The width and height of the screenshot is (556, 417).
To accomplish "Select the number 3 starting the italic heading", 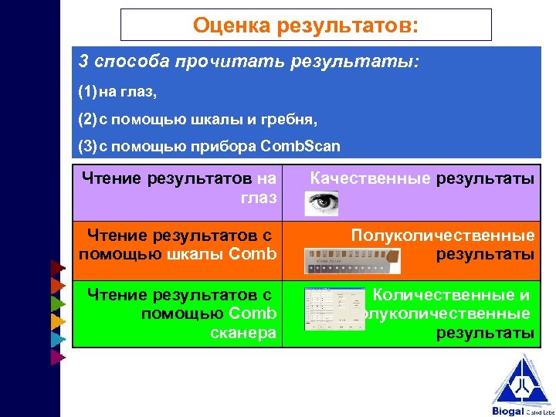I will coord(83,62).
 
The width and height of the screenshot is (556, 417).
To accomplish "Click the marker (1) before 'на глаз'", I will coord(86,93).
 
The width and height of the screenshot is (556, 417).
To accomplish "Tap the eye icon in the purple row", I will coord(321,203).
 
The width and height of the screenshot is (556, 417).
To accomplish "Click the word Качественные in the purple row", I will coord(370,179).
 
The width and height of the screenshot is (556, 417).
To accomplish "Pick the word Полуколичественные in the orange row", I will coord(442,235).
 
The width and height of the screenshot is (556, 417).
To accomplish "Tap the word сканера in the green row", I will coord(242,333).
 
